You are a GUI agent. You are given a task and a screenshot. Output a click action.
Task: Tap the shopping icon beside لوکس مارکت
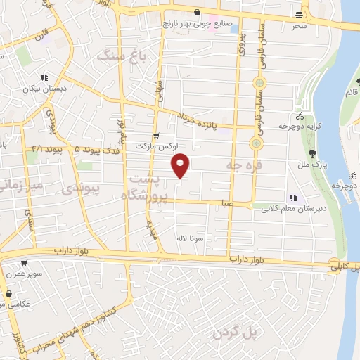pos(155,136)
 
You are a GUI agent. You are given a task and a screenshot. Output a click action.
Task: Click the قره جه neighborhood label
pos(243,165)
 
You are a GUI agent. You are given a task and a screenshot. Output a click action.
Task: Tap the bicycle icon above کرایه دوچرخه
pos(300,116)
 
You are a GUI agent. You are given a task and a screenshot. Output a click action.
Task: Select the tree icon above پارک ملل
pos(312,154)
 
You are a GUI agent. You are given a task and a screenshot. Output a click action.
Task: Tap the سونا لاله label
pos(192,238)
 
